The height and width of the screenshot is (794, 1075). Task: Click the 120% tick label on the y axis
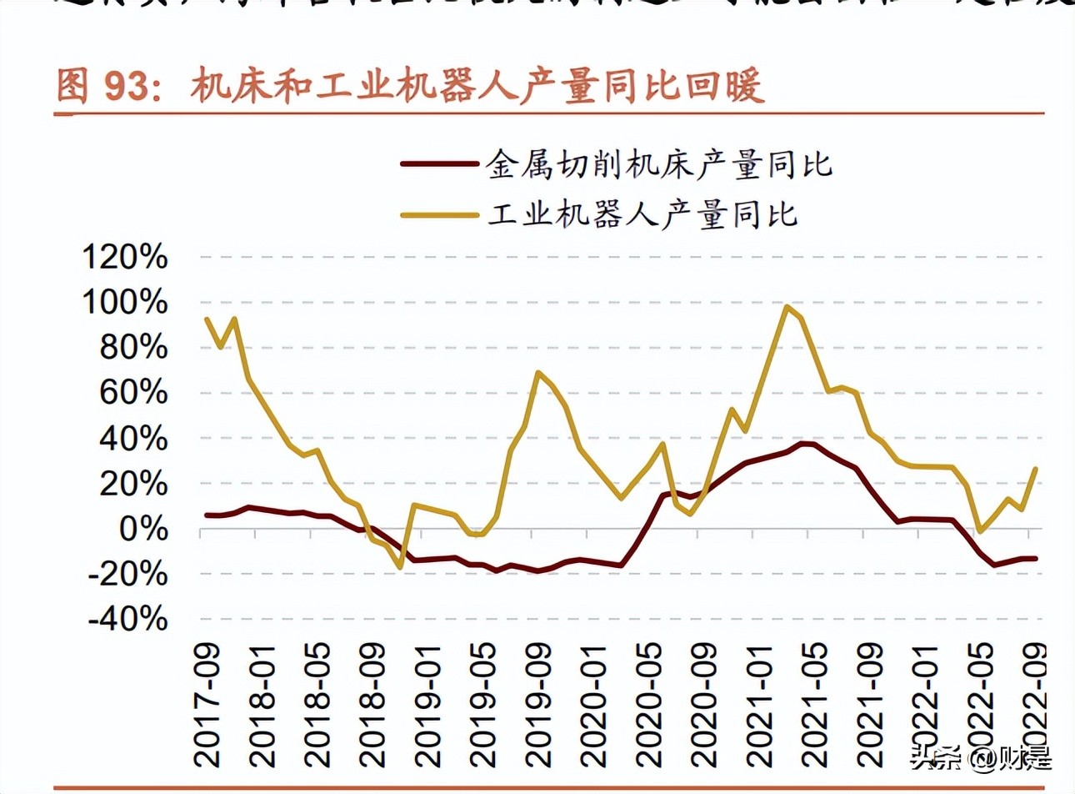[125, 257]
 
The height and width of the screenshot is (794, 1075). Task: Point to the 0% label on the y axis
[143, 529]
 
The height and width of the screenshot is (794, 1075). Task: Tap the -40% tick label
[128, 619]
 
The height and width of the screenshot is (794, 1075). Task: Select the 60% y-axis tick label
[133, 393]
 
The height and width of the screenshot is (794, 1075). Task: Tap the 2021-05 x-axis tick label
[812, 705]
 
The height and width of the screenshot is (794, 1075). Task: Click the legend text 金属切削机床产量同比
[658, 164]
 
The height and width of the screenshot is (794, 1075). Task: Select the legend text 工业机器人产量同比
[642, 214]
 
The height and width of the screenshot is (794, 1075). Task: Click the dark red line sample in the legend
[438, 164]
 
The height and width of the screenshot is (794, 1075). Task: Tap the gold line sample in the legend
[438, 214]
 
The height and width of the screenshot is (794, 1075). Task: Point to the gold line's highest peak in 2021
[787, 306]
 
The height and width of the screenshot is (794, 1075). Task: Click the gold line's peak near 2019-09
[538, 372]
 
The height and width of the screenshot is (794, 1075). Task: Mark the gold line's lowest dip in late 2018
[400, 567]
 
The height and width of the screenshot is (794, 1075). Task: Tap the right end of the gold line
[1036, 469]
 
